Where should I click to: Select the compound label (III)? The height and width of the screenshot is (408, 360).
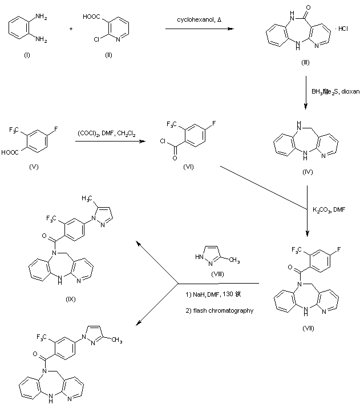point(305,61)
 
